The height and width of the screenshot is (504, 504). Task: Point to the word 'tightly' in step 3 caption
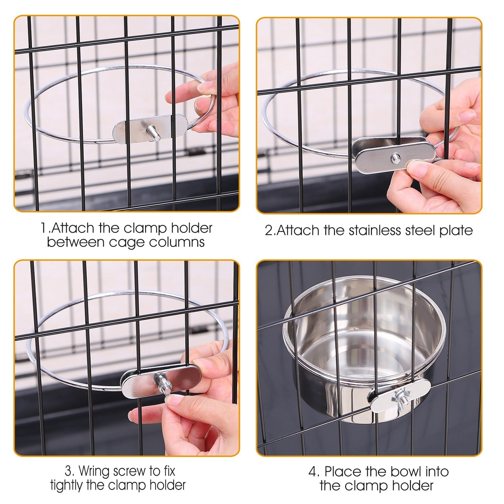coord(67,485)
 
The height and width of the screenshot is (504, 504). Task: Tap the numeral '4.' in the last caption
coord(314,472)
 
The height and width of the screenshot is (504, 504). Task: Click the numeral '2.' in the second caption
coord(270,231)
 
